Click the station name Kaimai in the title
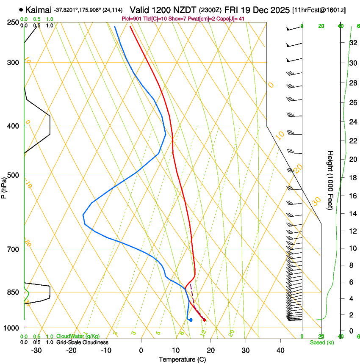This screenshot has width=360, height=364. coord(38,9)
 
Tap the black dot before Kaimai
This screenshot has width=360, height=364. coord(21,9)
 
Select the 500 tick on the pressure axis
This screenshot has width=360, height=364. coord(13,175)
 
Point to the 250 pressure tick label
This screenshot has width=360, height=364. coord(13,22)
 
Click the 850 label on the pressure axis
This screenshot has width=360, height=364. coord(13,292)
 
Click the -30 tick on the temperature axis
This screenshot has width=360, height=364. coord(36,350)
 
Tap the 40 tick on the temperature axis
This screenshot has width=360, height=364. coord(280,350)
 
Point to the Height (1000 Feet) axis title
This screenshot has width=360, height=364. coord(330,180)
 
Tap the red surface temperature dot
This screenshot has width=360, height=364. coord(204,320)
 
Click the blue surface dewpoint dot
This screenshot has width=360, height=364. coord(191,320)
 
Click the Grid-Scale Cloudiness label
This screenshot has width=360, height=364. coord(82,342)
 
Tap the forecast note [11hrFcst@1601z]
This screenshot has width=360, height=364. coord(319,9)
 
